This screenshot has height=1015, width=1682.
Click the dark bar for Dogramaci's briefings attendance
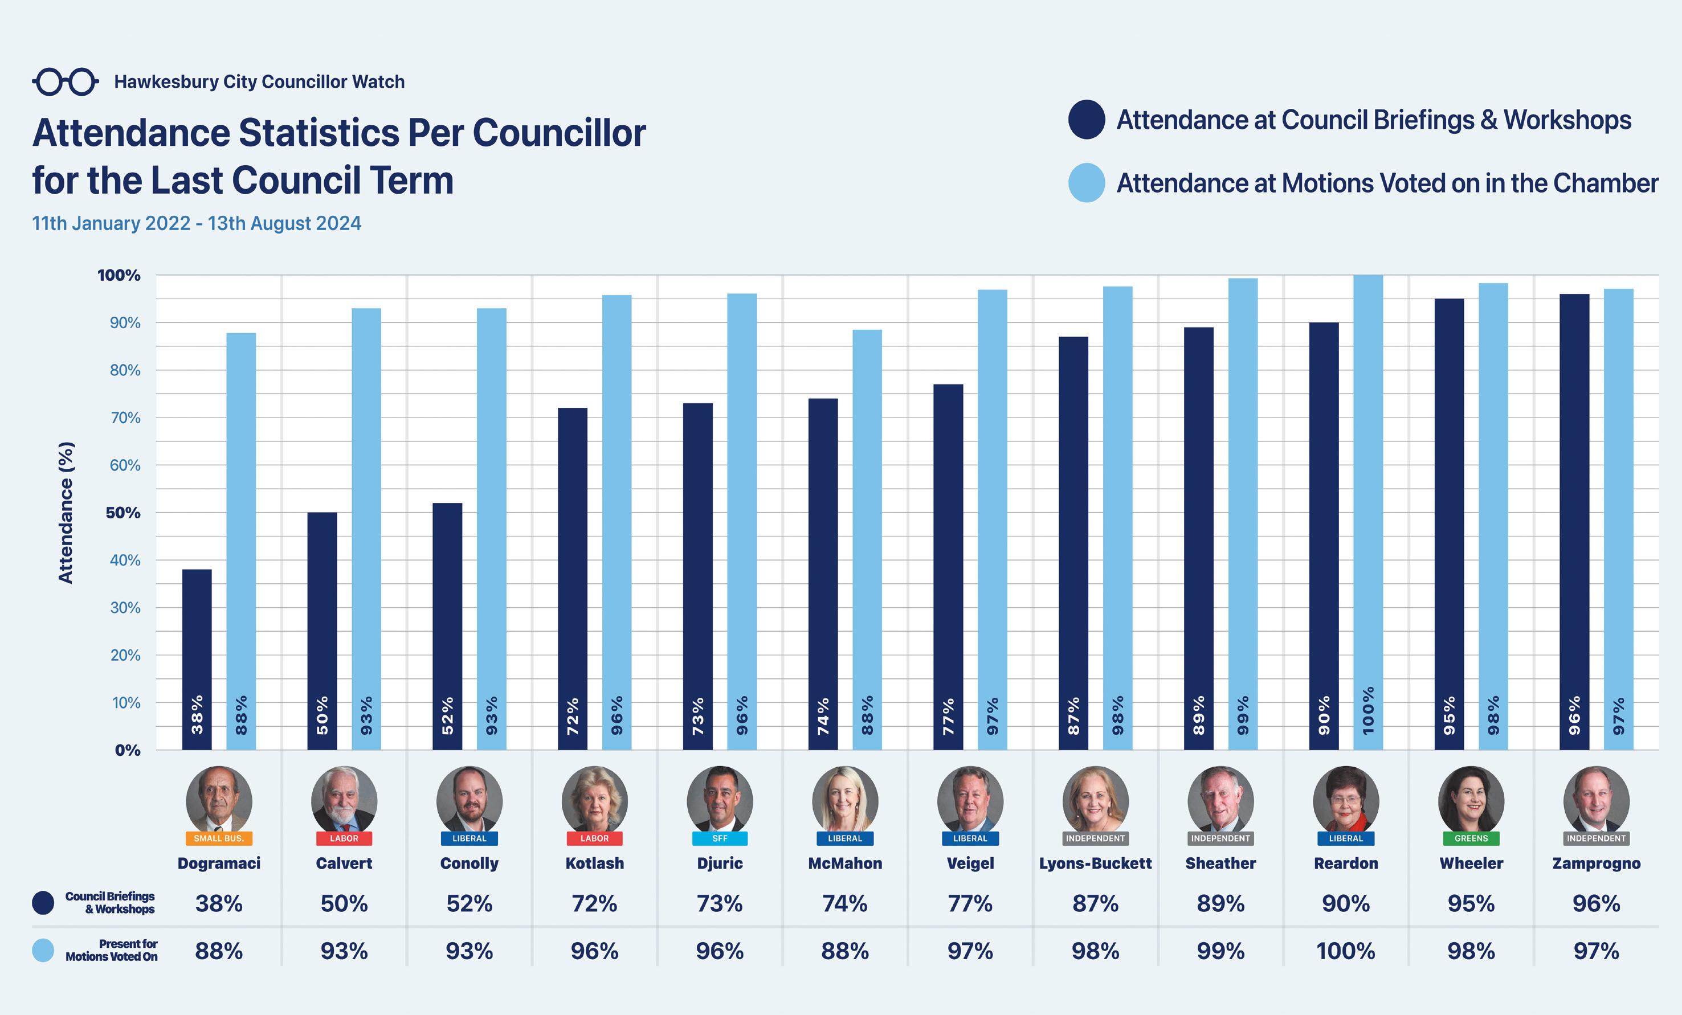pyautogui.click(x=197, y=658)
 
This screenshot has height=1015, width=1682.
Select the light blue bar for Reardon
pyautogui.click(x=1368, y=512)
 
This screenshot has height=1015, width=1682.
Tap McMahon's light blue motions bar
pyautogui.click(x=867, y=539)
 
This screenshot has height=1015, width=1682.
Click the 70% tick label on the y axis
pyautogui.click(x=125, y=418)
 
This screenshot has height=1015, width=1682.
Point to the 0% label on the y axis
pyautogui.click(x=127, y=750)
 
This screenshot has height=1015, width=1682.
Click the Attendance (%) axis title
pyautogui.click(x=66, y=513)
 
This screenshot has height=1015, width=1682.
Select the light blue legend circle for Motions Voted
pyautogui.click(x=1086, y=183)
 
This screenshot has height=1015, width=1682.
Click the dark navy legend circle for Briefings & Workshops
pyautogui.click(x=1086, y=120)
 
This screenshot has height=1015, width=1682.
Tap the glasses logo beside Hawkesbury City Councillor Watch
pyautogui.click(x=66, y=82)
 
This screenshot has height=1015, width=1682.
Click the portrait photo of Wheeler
pyautogui.click(x=1471, y=799)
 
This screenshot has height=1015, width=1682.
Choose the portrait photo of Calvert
pyautogui.click(x=344, y=799)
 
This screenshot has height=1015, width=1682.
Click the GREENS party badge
pyautogui.click(x=1471, y=838)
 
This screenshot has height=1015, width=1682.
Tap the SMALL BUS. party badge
pyautogui.click(x=218, y=838)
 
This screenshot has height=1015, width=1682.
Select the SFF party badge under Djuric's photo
pyautogui.click(x=720, y=838)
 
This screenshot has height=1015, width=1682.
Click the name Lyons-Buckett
pyautogui.click(x=1095, y=863)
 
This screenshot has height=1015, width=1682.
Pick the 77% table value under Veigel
pyautogui.click(x=969, y=904)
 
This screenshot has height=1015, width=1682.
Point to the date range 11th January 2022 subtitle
pyautogui.click(x=197, y=223)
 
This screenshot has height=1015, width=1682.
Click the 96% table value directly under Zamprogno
pyautogui.click(x=1596, y=904)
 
